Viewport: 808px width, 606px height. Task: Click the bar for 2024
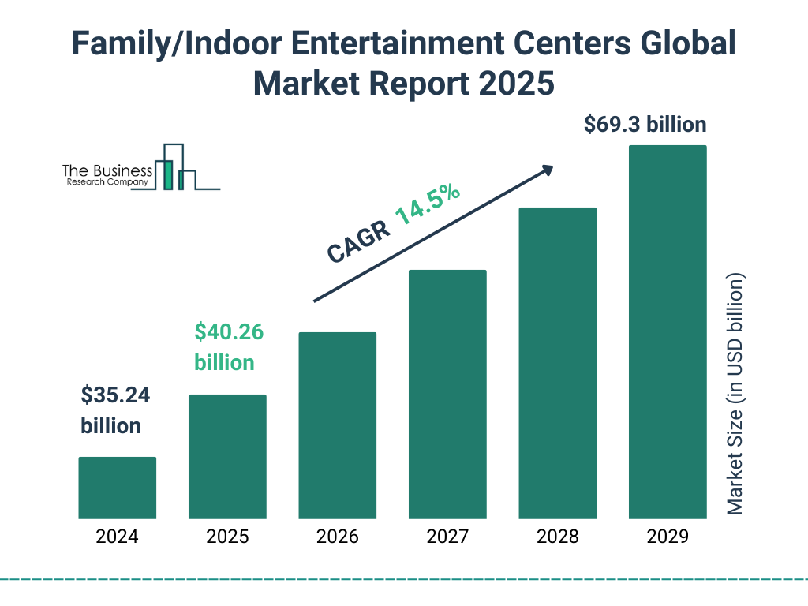coord(117,488)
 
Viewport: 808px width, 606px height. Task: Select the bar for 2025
coord(227,456)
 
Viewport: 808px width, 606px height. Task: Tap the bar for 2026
coord(337,425)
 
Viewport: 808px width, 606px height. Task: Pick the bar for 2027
coord(447,395)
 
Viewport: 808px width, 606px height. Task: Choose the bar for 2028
coord(557,363)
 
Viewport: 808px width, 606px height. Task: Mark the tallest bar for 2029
coord(668,332)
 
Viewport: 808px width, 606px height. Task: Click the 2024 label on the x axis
coord(117,537)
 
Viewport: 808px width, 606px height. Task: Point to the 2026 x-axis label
coord(337,537)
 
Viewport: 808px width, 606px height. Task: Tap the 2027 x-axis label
coord(447,537)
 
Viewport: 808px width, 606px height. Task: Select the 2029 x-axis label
coord(668,537)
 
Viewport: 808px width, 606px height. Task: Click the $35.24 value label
coord(115,395)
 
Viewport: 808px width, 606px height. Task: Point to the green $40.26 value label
coord(229,332)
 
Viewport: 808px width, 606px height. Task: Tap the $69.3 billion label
coord(645,124)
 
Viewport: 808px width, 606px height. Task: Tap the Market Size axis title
coord(735,395)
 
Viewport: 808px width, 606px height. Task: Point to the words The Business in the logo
coord(107,170)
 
